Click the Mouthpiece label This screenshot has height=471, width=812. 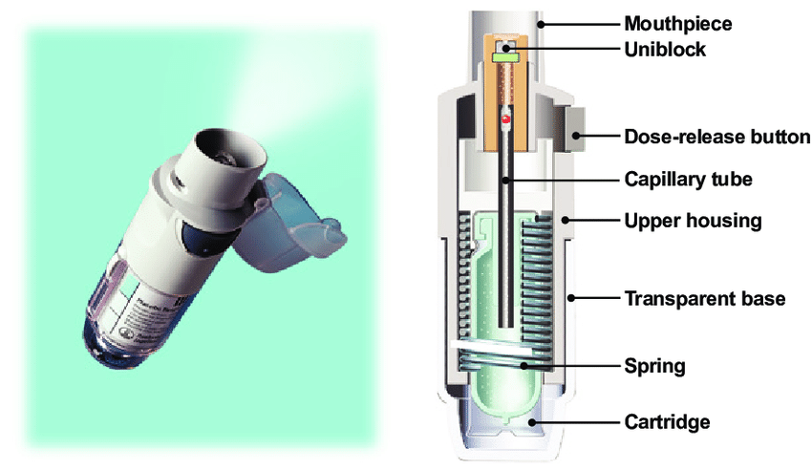678,24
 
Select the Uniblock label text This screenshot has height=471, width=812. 665,50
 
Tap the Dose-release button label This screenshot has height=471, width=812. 717,137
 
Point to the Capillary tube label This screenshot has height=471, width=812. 688,180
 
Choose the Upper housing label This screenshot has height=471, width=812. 693,221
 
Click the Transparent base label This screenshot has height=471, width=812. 705,299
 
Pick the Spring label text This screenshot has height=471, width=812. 654,366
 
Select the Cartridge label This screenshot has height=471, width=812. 667,421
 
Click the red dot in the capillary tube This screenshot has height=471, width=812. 505,119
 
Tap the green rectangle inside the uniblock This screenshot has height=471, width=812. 505,58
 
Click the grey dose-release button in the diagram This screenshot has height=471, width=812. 573,130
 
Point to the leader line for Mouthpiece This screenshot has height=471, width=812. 579,24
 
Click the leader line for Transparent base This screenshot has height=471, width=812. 594,298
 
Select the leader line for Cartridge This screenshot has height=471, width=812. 574,422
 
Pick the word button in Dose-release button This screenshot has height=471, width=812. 776,137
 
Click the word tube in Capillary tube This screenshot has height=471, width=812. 732,180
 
